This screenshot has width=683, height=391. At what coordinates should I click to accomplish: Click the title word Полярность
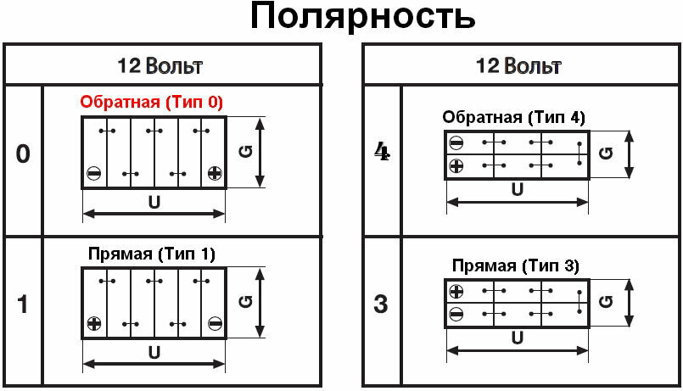coord(361,18)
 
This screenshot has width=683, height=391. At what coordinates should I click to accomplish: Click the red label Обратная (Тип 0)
coord(152,103)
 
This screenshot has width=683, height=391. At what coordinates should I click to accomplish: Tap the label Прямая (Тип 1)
coord(152,254)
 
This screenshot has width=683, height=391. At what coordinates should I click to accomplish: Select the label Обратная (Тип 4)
coord(514,117)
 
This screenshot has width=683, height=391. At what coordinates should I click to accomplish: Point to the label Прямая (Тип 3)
coord(515,266)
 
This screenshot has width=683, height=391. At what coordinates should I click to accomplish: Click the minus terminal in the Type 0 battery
coord(93,174)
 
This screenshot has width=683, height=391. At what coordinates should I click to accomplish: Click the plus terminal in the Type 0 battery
coord(214,174)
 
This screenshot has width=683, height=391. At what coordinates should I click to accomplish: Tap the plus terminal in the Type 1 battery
coord(93,323)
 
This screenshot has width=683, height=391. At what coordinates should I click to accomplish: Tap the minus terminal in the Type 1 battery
coord(214,323)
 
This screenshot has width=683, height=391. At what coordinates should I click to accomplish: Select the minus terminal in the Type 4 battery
coord(456,142)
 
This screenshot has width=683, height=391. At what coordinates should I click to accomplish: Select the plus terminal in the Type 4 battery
coord(456,165)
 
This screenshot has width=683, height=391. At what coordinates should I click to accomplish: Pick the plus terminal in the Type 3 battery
coord(456,292)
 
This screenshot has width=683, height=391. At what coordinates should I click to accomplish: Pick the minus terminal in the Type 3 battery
coord(456,314)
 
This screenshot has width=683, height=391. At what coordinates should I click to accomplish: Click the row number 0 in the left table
coord(23,154)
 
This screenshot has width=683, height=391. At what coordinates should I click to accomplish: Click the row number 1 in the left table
coord(23,304)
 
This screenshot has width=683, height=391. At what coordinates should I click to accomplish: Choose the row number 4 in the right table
coord(382,153)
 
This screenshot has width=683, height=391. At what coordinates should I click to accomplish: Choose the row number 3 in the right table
coord(382,304)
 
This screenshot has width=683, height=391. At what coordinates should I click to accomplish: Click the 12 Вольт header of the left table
coord(160,65)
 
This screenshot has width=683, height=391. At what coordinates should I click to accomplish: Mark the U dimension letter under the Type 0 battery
coord(154,204)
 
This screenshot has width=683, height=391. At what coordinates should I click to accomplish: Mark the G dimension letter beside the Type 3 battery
coord(606,303)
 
